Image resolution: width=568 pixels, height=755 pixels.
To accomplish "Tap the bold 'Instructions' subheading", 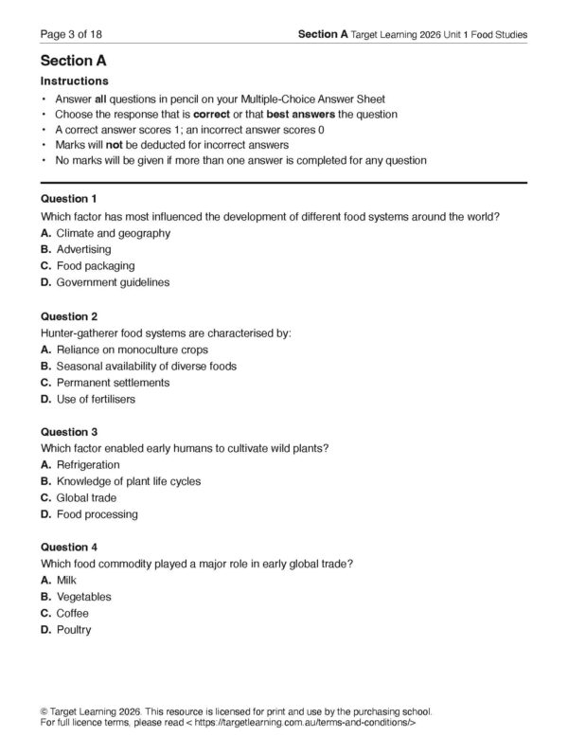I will [75, 81].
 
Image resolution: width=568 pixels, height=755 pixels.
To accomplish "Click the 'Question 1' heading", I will [69, 200].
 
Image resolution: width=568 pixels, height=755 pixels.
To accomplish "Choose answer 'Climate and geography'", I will [113, 232].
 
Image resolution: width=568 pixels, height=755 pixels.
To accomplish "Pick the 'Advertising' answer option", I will [83, 249].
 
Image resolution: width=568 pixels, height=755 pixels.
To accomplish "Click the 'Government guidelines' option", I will [109, 282].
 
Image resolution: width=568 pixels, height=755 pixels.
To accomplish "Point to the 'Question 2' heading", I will [69, 316].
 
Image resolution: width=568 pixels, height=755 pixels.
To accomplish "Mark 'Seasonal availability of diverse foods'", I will [146, 366].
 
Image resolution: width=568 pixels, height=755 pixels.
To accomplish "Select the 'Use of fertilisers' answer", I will [96, 399].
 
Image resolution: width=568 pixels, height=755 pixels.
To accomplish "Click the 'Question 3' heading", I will [69, 432].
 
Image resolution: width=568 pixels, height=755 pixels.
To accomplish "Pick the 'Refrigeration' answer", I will [88, 465].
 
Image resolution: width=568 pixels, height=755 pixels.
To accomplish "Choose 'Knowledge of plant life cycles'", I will [128, 481].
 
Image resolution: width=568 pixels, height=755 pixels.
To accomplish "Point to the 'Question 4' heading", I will [69, 548].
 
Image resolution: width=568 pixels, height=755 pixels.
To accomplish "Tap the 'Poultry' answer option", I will [74, 630].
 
